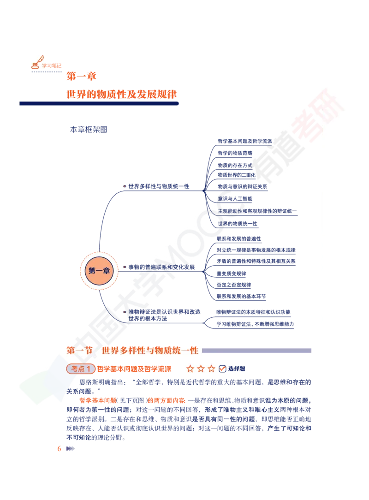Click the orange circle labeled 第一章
pyautogui.click(x=99, y=271)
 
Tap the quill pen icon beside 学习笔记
pyautogui.click(x=37, y=62)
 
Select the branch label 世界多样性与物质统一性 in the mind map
pyautogui.click(x=159, y=186)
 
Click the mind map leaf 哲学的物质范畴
pyautogui.click(x=235, y=153)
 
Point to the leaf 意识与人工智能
pyautogui.click(x=235, y=199)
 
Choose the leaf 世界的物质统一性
pyautogui.click(x=237, y=224)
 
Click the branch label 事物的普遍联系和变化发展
pyautogui.click(x=161, y=267)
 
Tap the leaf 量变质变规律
pyautogui.click(x=231, y=274)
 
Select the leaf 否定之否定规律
pyautogui.click(x=234, y=285)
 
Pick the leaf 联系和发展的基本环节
pyautogui.click(x=241, y=296)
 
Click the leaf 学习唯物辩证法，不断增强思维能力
pyautogui.click(x=255, y=324)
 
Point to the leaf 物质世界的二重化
pyautogui.click(x=237, y=175)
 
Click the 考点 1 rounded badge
pyautogui.click(x=81, y=369)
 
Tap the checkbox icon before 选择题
pyautogui.click(x=222, y=369)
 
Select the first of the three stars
pyautogui.click(x=190, y=369)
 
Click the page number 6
pyautogui.click(x=59, y=449)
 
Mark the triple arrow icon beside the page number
pyautogui.click(x=71, y=449)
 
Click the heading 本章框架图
pyautogui.click(x=89, y=130)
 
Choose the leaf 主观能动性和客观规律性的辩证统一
pyautogui.click(x=257, y=211)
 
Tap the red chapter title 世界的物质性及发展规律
pyautogui.click(x=121, y=95)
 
